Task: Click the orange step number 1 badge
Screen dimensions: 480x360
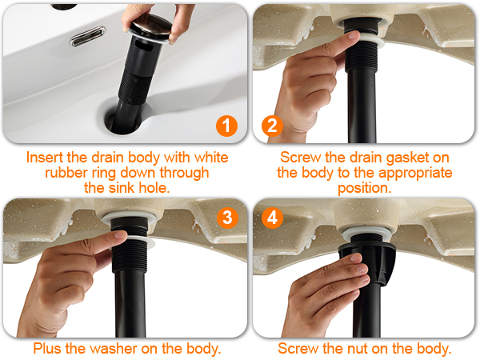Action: (x=227, y=126)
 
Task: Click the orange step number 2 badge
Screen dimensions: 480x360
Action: (x=272, y=126)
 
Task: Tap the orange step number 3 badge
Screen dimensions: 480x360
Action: (x=227, y=218)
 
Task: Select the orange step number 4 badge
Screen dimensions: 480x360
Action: (x=272, y=218)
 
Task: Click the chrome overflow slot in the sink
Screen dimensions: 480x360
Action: (x=87, y=36)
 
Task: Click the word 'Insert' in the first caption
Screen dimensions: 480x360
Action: (x=45, y=158)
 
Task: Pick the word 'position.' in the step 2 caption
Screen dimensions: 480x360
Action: (x=365, y=189)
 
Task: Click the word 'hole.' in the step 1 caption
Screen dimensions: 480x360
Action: (x=154, y=188)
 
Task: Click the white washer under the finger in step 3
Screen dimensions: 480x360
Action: (x=142, y=240)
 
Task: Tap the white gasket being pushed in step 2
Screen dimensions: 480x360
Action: (x=371, y=42)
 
